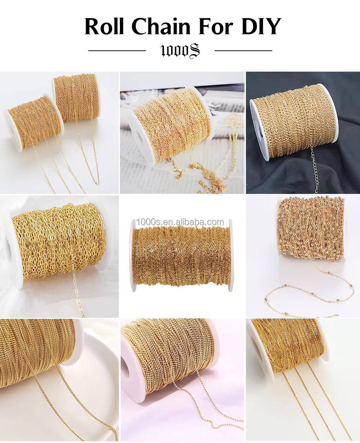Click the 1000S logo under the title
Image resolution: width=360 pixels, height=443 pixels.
click(180, 51)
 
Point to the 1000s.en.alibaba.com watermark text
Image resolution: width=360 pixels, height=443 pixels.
click(180, 222)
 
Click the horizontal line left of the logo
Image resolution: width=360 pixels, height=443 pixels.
click(117, 51)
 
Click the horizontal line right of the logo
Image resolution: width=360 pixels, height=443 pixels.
click(243, 51)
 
